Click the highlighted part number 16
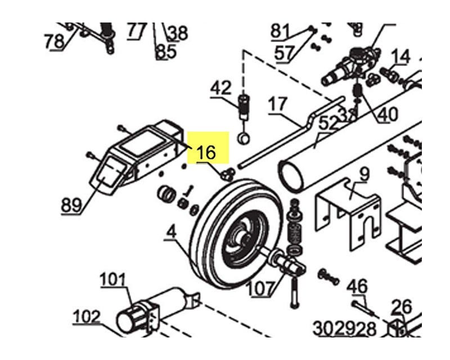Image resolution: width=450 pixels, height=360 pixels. tap(206, 151)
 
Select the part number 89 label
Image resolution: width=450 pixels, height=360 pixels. tap(71, 205)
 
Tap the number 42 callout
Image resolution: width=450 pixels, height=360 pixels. tap(221, 88)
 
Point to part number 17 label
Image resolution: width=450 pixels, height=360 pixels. tap(278, 105)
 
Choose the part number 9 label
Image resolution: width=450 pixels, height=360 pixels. tap(364, 174)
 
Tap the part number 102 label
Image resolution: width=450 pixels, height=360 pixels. tap(87, 317)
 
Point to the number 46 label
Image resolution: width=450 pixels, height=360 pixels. tap(357, 286)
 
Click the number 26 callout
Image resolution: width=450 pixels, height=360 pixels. tap(402, 307)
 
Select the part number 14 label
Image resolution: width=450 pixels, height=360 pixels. tap(401, 56)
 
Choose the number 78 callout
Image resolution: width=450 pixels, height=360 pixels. tap(55, 41)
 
